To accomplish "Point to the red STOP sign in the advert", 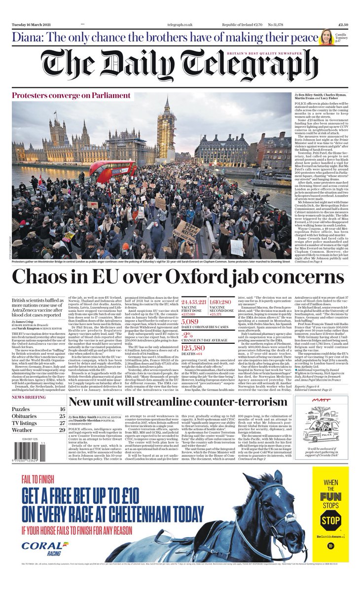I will pos(330,519).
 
